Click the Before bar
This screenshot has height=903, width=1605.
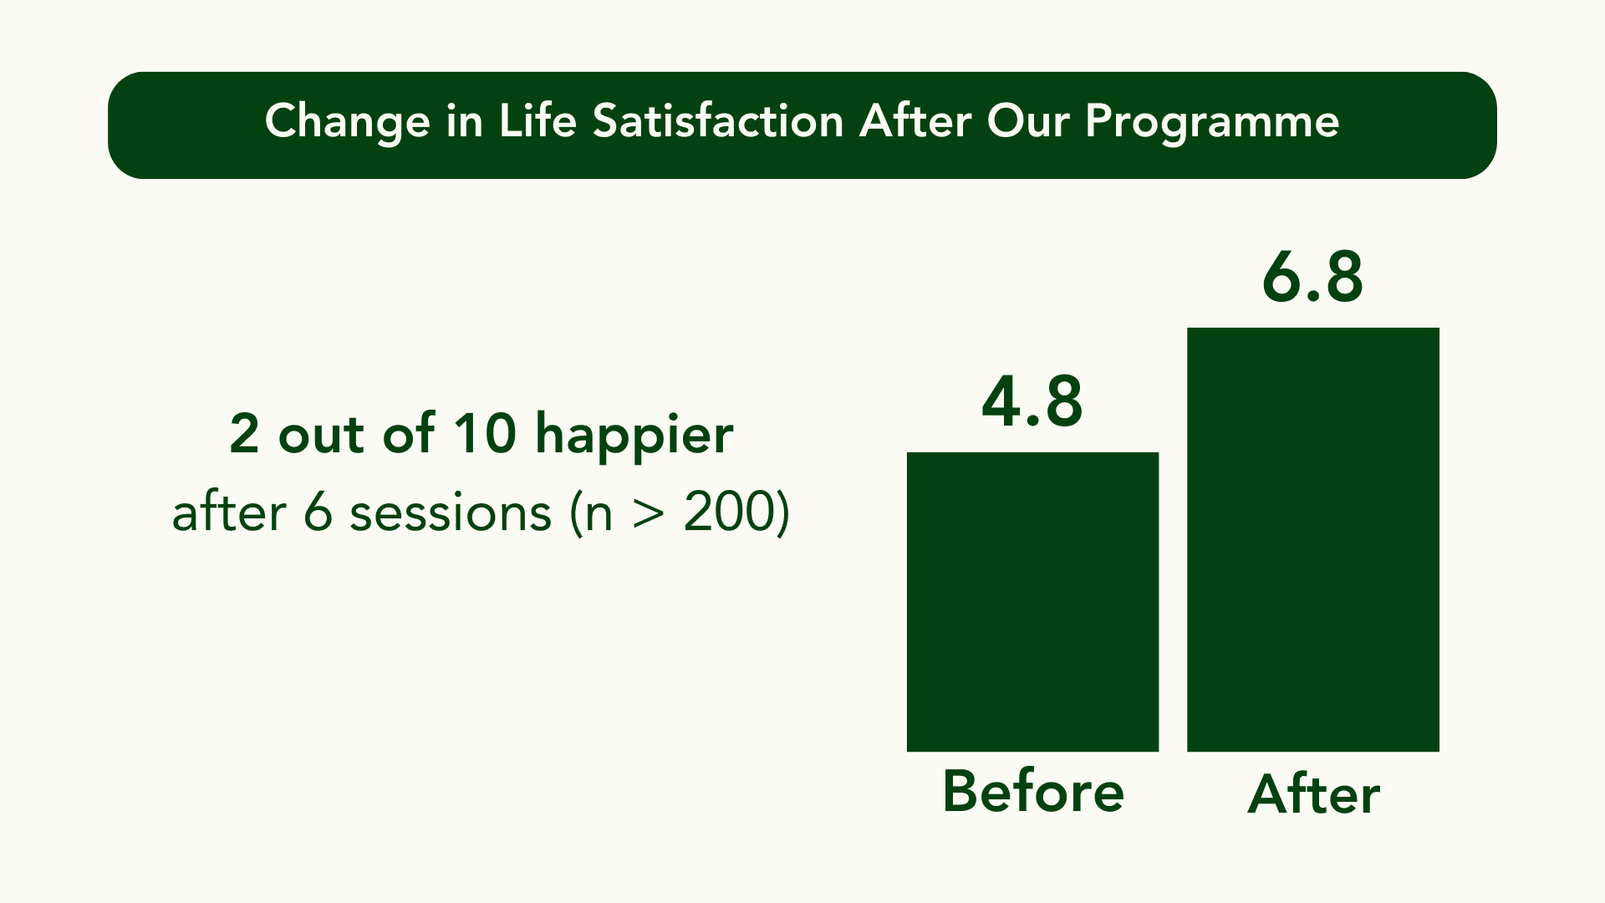[x=1032, y=602]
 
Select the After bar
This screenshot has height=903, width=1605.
[x=1312, y=539]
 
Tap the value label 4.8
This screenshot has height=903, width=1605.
[x=1032, y=402]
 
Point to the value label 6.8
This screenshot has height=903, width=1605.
[x=1312, y=278]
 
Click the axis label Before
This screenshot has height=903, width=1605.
[x=1032, y=791]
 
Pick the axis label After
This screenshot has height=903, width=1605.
[x=1312, y=794]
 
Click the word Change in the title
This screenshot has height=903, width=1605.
[x=347, y=122]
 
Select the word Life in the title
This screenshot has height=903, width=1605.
[x=538, y=122]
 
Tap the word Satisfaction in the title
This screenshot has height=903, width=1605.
[x=718, y=122]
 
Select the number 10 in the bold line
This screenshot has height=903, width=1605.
[x=485, y=434]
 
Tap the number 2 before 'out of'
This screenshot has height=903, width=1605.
[x=244, y=434]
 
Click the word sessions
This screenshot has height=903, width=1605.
[x=450, y=513]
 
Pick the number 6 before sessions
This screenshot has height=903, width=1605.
[x=318, y=513]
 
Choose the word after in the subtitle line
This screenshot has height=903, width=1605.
[x=228, y=513]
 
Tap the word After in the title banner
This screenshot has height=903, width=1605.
[x=915, y=122]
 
